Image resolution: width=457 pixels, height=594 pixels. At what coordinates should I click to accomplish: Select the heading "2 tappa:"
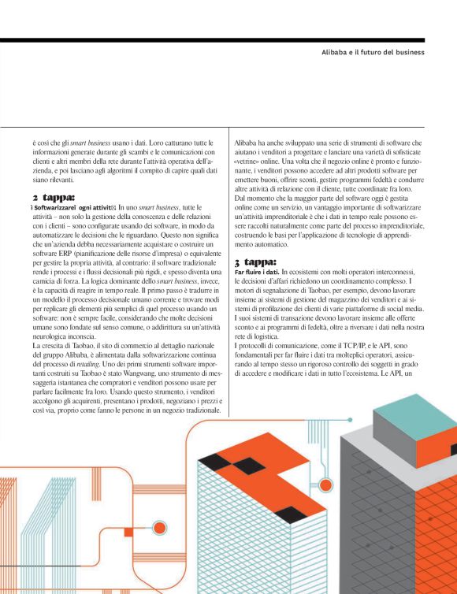pos(54,196)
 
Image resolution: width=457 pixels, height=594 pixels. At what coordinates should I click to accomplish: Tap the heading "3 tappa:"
pos(256,262)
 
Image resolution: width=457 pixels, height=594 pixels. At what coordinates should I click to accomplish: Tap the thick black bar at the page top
pos(228,39)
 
